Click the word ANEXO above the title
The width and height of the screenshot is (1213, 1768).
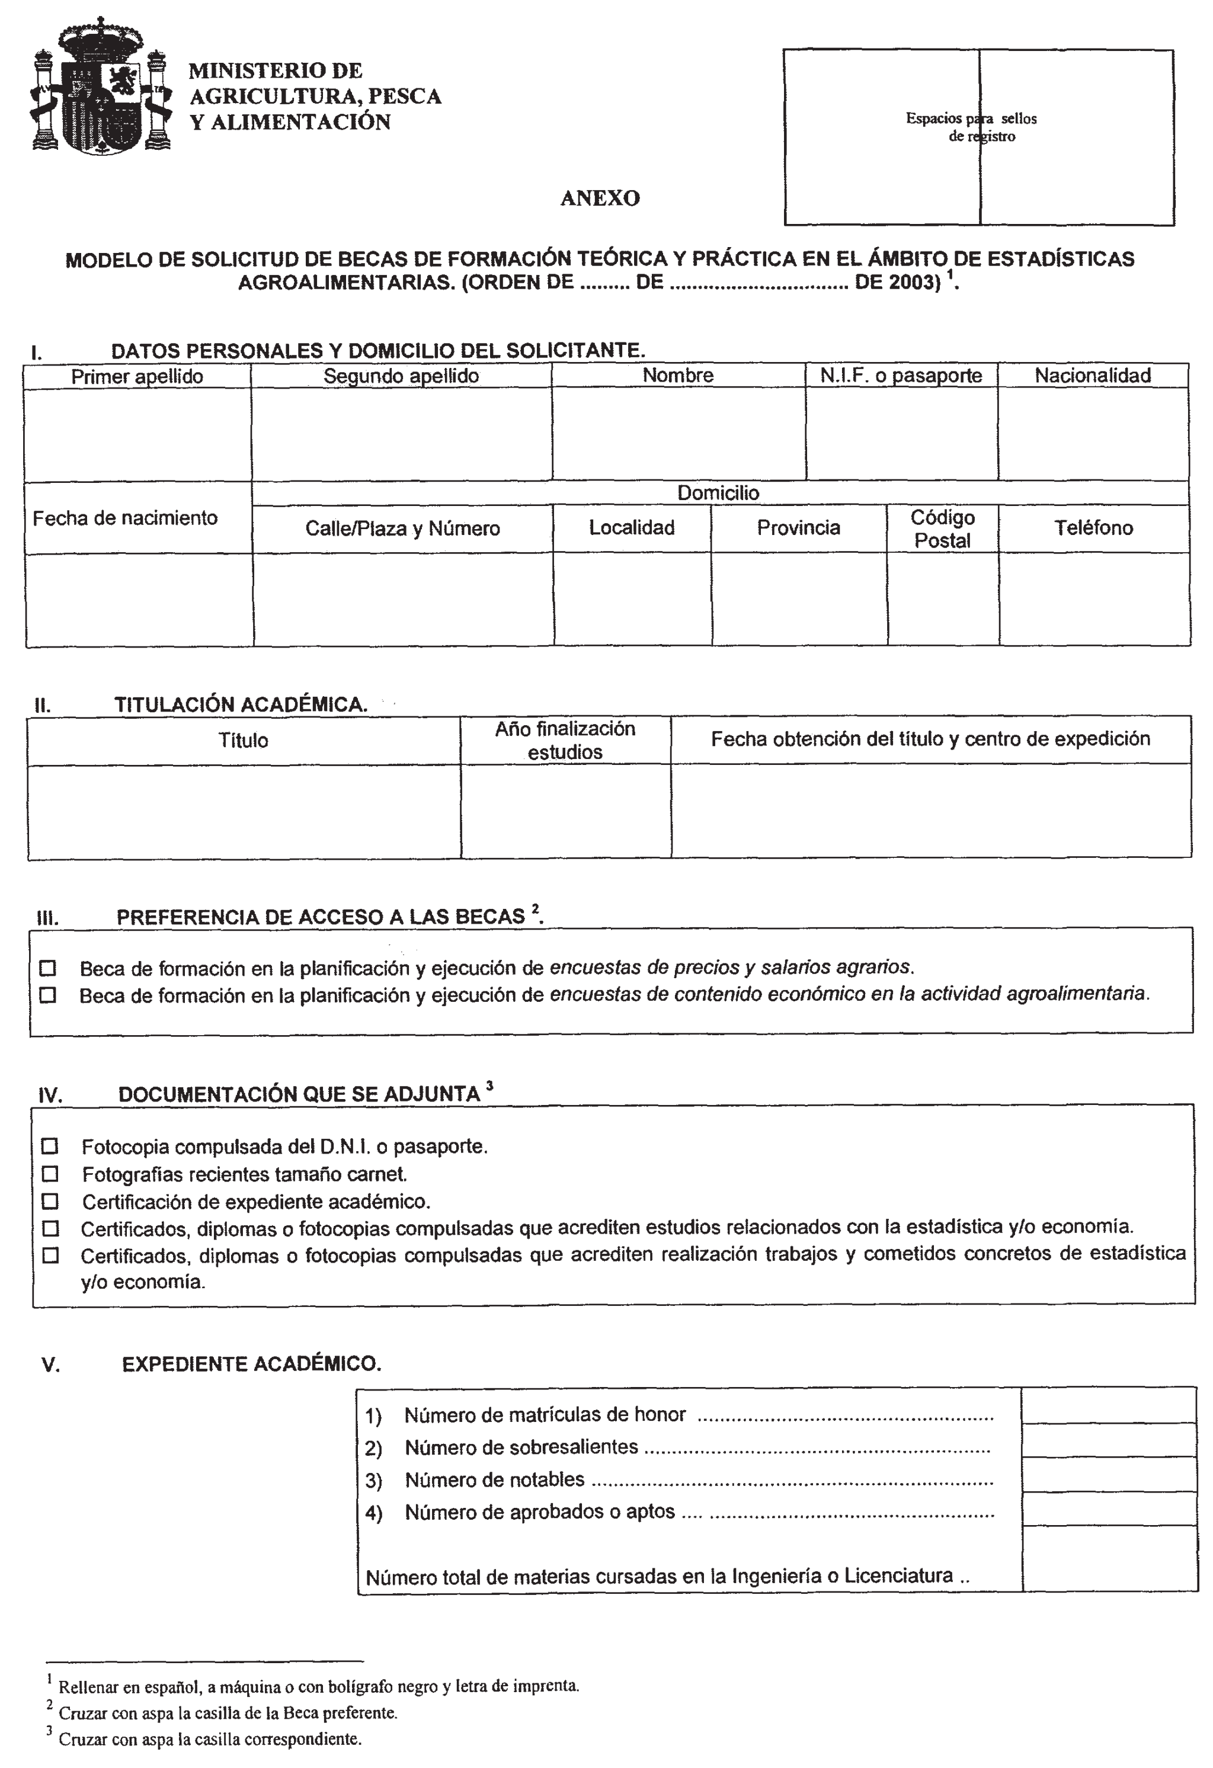click(600, 198)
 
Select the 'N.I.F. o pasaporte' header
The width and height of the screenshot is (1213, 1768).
click(901, 376)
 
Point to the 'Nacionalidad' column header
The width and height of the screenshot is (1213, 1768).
click(1092, 375)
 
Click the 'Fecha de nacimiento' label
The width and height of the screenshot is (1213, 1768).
click(125, 518)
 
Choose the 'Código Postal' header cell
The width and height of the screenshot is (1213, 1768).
click(942, 529)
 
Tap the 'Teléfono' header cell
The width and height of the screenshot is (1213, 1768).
click(1093, 528)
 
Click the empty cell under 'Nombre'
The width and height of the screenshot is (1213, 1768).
click(678, 434)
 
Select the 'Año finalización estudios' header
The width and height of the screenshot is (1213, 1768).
click(565, 740)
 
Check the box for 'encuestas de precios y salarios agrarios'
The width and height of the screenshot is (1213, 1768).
click(48, 969)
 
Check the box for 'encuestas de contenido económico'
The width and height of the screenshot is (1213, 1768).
click(48, 995)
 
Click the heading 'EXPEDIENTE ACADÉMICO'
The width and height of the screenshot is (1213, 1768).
click(251, 1364)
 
